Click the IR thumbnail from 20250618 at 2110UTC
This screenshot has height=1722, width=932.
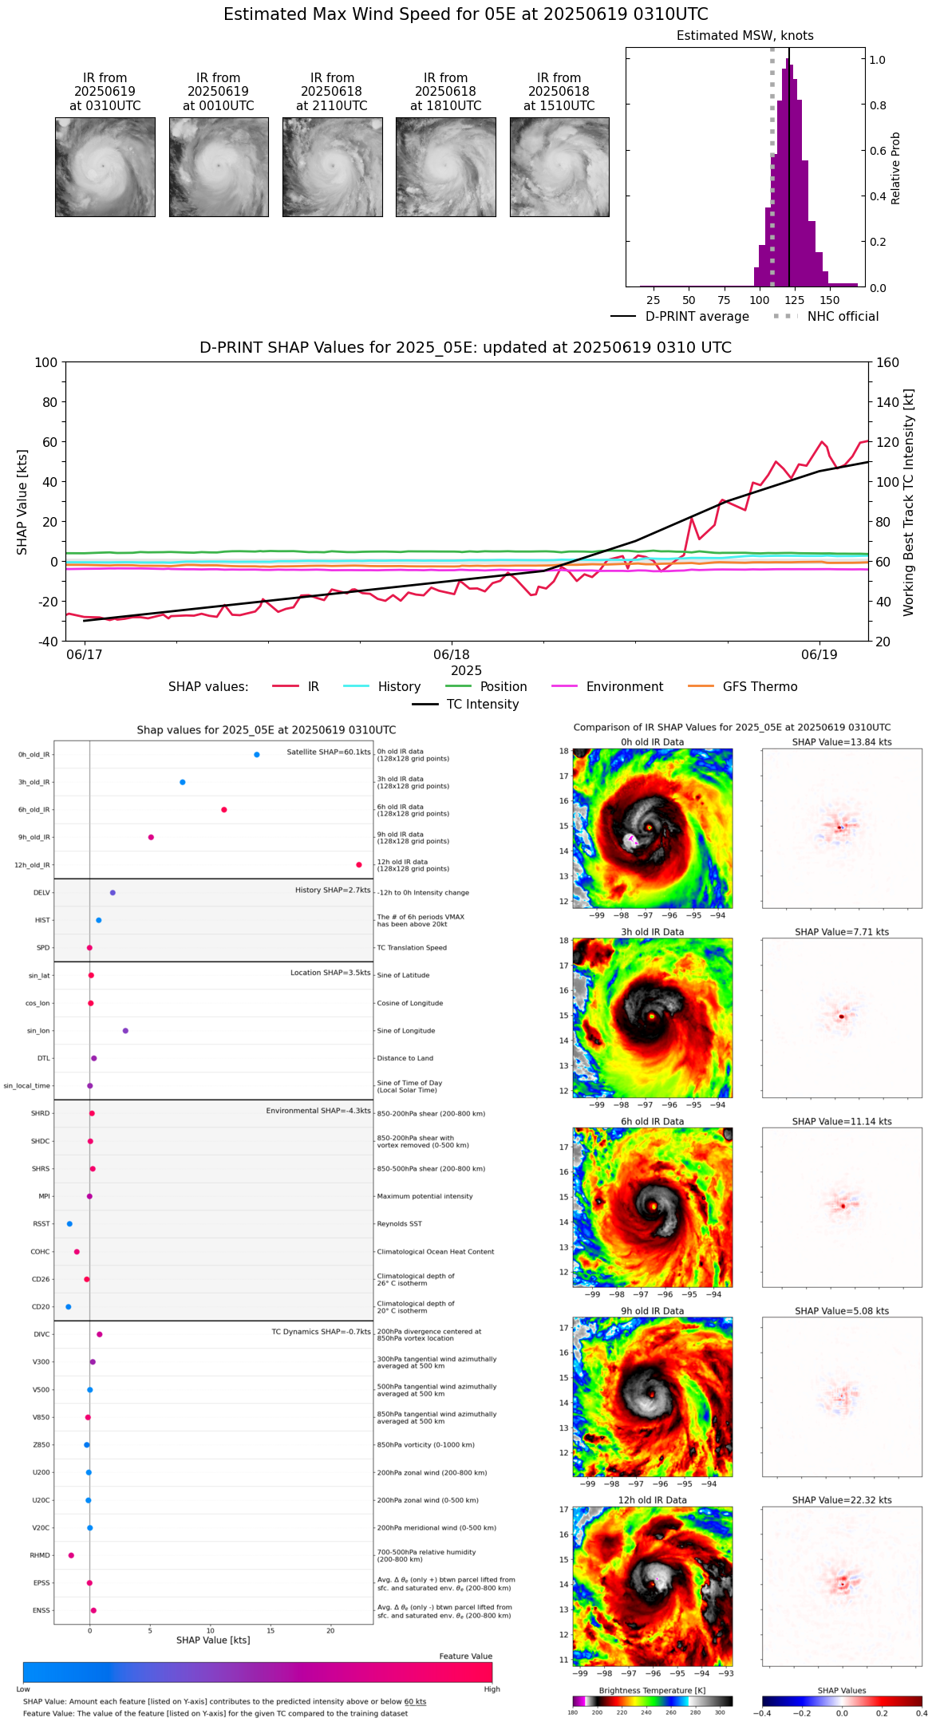pos(332,167)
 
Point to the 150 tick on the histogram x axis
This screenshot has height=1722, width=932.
pos(830,301)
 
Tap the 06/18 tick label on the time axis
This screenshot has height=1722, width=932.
pos(452,655)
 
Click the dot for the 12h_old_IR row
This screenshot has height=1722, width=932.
pos(359,865)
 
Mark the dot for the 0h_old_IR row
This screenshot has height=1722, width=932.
pos(257,755)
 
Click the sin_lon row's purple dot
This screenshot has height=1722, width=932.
pos(125,1031)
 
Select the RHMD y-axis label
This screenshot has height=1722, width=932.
pos(40,1555)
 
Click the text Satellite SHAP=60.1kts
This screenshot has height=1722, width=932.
pos(329,752)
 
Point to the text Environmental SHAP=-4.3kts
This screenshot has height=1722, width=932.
pos(318,1111)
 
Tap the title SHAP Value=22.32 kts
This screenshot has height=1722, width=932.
pos(842,1500)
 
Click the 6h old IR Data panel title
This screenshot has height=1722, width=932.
pos(652,1121)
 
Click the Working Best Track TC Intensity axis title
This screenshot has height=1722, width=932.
pos(909,503)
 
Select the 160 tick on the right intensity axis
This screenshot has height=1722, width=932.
pos(887,363)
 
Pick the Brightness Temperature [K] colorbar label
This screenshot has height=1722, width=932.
pos(652,1690)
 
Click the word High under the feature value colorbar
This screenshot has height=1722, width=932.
pos(492,1688)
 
